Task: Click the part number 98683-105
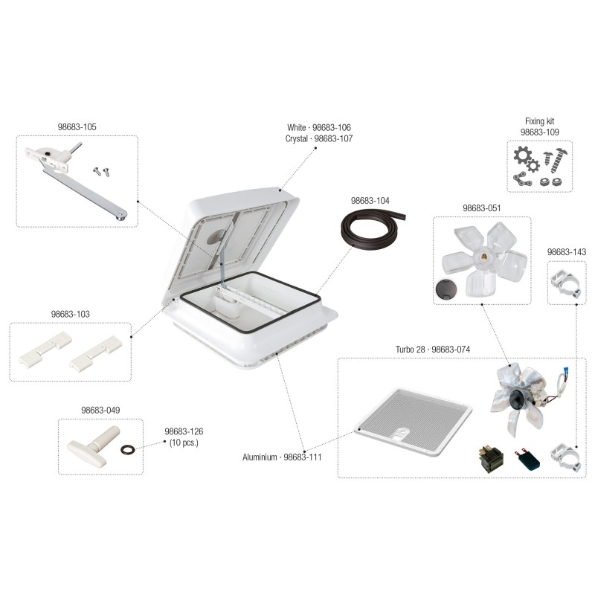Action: point(77,126)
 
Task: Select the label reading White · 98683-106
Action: point(319,127)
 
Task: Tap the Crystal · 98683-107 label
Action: point(319,138)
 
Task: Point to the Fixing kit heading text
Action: point(539,121)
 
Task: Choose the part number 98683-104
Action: point(370,201)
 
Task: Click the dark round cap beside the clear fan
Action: point(446,289)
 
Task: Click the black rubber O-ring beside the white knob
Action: point(127,450)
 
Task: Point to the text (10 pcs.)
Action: point(184,443)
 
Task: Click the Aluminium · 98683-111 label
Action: point(282,457)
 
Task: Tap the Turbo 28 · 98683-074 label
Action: point(433,349)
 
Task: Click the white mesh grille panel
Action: point(414,421)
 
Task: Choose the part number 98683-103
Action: point(71,314)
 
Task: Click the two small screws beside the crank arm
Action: point(101,171)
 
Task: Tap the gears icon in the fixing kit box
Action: point(526,159)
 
